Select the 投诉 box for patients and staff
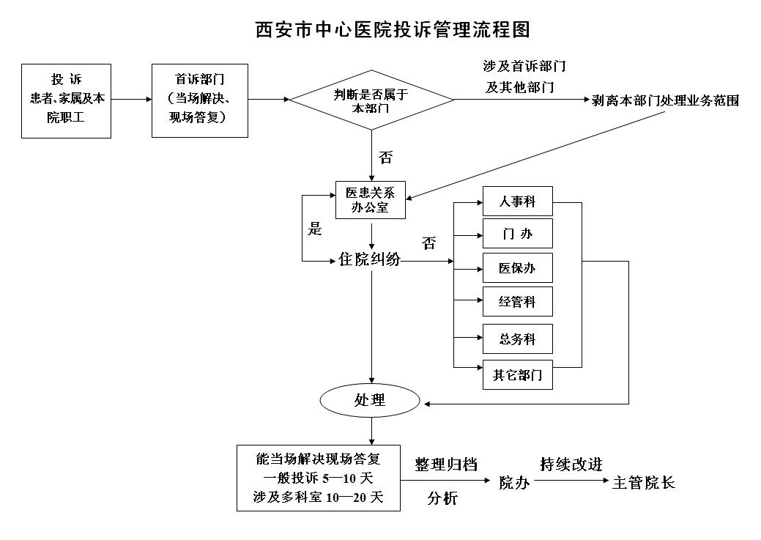66,100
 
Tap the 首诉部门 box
199,100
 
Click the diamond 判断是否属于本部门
371,100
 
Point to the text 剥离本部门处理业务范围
665,101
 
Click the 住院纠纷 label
369,259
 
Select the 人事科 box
517,201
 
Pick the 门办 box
517,234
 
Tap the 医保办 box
517,268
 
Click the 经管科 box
517,302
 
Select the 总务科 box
517,339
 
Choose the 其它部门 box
517,376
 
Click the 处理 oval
370,400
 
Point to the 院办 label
514,482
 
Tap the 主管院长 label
643,482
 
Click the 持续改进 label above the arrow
571,465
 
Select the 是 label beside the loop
315,229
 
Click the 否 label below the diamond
385,158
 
